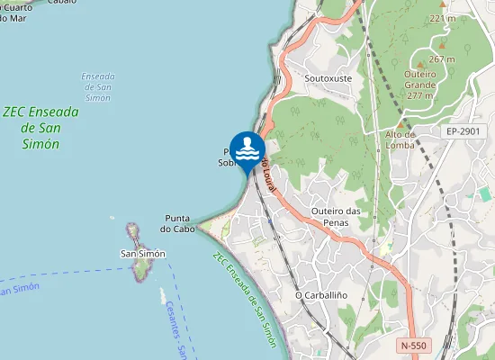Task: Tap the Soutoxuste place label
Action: (328, 78)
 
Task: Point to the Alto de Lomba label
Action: (399, 139)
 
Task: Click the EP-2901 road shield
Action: (464, 131)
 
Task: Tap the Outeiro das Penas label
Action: (336, 217)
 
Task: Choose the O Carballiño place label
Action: (321, 295)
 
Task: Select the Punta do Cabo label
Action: (178, 223)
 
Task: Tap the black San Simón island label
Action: (143, 254)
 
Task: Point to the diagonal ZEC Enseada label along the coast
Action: (245, 297)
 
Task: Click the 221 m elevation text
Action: (442, 18)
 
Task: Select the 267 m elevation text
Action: (442, 58)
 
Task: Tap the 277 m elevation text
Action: (420, 94)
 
